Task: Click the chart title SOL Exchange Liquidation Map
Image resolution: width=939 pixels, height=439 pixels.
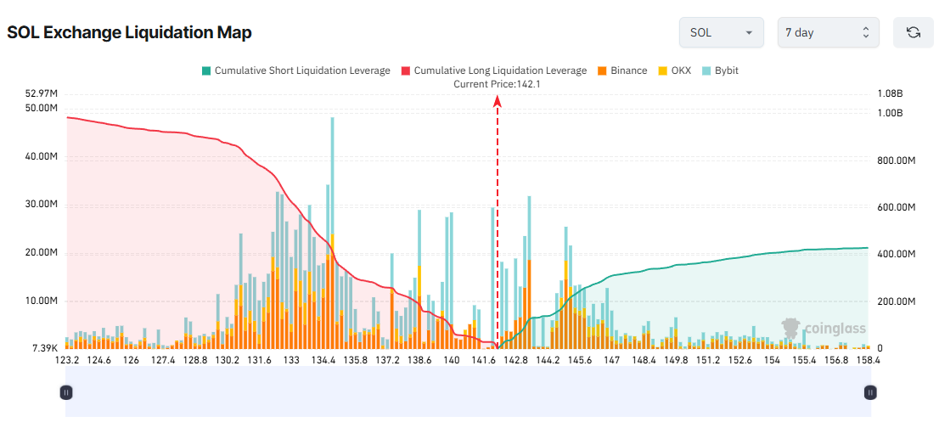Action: pyautogui.click(x=129, y=32)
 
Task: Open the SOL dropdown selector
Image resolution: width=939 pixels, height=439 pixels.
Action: pyautogui.click(x=721, y=32)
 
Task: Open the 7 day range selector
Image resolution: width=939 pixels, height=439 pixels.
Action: pyautogui.click(x=828, y=32)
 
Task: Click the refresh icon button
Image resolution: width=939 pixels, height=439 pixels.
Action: pyautogui.click(x=913, y=32)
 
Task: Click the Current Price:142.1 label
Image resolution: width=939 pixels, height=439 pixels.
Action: pyautogui.click(x=497, y=84)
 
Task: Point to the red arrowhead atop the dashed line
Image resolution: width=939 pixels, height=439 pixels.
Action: pyautogui.click(x=498, y=101)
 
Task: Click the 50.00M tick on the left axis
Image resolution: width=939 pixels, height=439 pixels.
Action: pyautogui.click(x=42, y=108)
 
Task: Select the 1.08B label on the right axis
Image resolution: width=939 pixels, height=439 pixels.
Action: pyautogui.click(x=890, y=93)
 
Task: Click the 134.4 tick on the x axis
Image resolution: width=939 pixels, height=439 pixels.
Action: pyautogui.click(x=323, y=360)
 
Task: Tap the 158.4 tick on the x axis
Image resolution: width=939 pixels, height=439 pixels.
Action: pyautogui.click(x=867, y=360)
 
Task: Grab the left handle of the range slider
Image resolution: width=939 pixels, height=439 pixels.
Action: pyautogui.click(x=66, y=392)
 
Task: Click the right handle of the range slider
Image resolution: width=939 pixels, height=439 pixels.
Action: pyautogui.click(x=870, y=392)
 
